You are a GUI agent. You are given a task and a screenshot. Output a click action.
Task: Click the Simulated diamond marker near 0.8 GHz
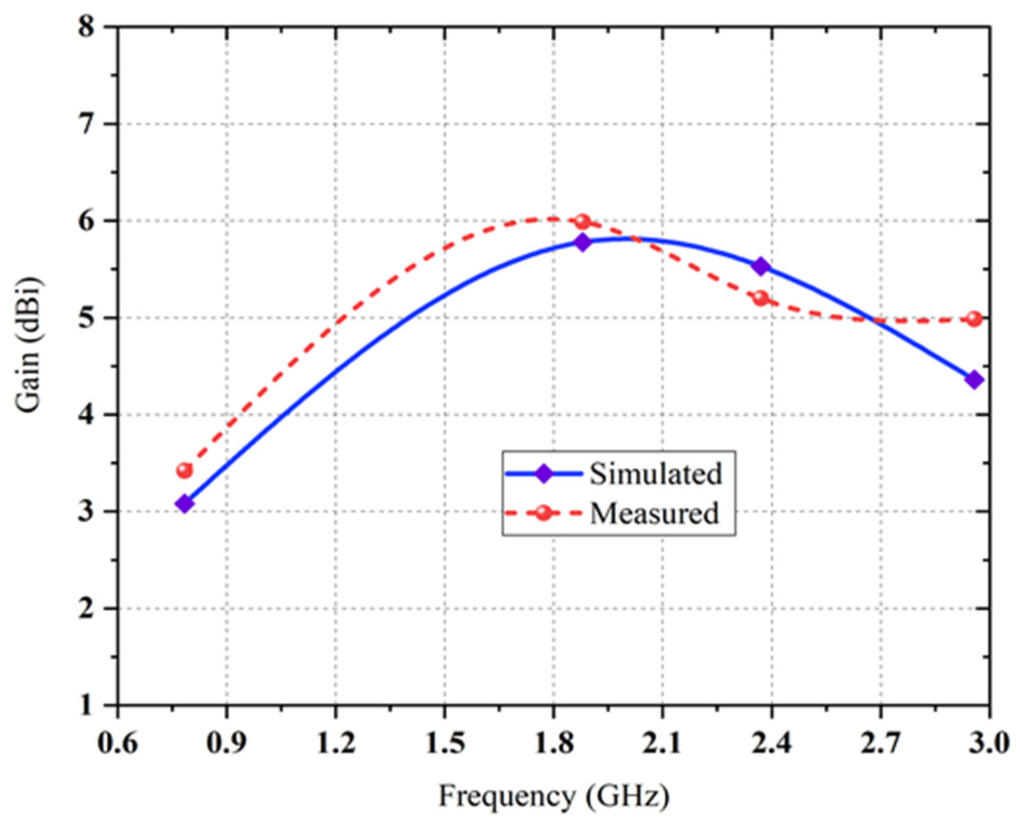[184, 504]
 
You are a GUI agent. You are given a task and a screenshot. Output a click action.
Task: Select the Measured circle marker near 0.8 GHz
[184, 470]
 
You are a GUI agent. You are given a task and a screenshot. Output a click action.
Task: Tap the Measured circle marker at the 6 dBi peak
[582, 222]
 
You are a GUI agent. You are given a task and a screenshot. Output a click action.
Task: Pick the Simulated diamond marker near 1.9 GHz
[582, 242]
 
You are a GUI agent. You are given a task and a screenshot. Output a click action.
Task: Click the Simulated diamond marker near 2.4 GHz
[761, 266]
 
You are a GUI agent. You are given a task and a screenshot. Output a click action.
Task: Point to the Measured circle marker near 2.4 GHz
[761, 298]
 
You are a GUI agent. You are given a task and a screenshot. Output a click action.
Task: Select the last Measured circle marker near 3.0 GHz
[974, 319]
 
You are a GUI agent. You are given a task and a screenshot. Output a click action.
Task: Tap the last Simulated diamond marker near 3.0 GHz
[974, 380]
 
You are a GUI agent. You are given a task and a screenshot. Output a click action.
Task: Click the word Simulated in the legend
[656, 474]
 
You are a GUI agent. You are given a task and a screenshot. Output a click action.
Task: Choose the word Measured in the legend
[654, 513]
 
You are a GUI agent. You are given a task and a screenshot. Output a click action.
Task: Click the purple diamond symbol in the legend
[543, 474]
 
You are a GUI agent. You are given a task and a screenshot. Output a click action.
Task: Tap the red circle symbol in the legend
[543, 513]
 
